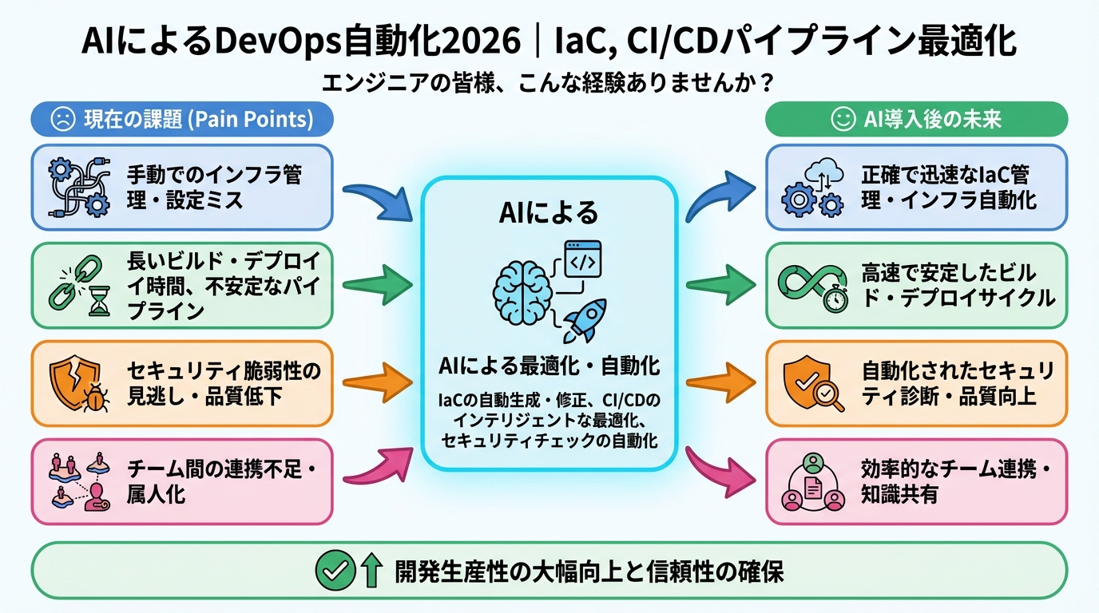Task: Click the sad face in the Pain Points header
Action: (61, 120)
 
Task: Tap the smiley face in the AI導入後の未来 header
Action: (842, 120)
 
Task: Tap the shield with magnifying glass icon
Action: (811, 384)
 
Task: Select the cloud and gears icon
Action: (812, 188)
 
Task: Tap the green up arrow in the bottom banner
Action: (369, 570)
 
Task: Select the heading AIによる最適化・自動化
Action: (549, 366)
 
